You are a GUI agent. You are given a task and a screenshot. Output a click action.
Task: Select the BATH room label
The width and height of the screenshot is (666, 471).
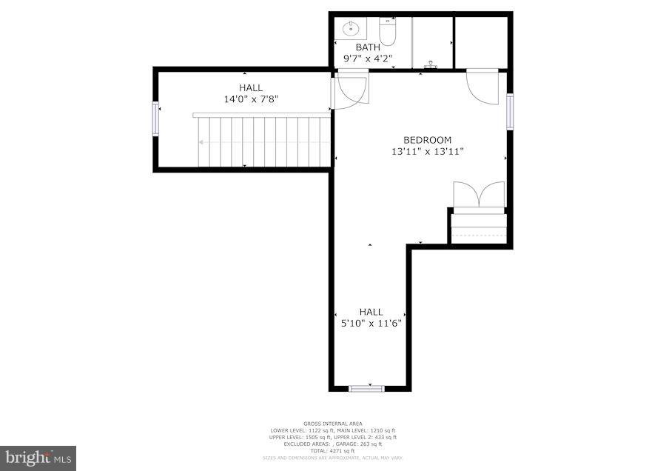[368, 47]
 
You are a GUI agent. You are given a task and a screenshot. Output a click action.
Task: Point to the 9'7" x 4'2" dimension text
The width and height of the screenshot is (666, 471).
[368, 59]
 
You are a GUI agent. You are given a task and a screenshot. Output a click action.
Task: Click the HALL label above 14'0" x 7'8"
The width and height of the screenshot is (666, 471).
[251, 88]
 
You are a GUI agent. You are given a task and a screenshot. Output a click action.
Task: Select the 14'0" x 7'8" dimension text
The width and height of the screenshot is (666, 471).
[251, 99]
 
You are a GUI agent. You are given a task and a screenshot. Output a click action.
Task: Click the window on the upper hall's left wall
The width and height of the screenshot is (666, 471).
[155, 118]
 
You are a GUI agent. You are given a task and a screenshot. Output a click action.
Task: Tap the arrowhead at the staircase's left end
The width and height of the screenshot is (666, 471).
[202, 142]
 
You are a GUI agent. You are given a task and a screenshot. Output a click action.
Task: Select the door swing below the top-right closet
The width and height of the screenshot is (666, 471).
[482, 87]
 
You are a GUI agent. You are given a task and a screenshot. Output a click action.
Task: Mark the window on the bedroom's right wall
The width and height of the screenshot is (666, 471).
[510, 111]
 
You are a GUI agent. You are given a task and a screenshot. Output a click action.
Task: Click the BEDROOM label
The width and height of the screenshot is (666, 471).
[427, 140]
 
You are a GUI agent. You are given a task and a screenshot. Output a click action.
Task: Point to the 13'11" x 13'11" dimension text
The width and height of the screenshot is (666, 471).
[427, 152]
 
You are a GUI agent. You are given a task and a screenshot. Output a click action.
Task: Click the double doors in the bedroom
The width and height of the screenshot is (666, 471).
[479, 196]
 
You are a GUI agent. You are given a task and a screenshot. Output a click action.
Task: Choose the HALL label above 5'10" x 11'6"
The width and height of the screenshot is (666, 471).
[371, 312]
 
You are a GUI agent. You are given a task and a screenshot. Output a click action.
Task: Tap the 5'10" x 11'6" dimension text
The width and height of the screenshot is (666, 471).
[371, 323]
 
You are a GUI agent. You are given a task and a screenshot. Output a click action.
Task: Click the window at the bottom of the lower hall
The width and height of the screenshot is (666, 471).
[367, 387]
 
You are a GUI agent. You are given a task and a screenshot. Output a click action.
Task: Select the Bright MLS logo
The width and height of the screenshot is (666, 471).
[38, 458]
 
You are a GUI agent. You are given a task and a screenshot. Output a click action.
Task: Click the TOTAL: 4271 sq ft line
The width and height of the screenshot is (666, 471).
[332, 451]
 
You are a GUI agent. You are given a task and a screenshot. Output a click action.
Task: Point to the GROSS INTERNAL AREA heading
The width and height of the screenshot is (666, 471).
[332, 424]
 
